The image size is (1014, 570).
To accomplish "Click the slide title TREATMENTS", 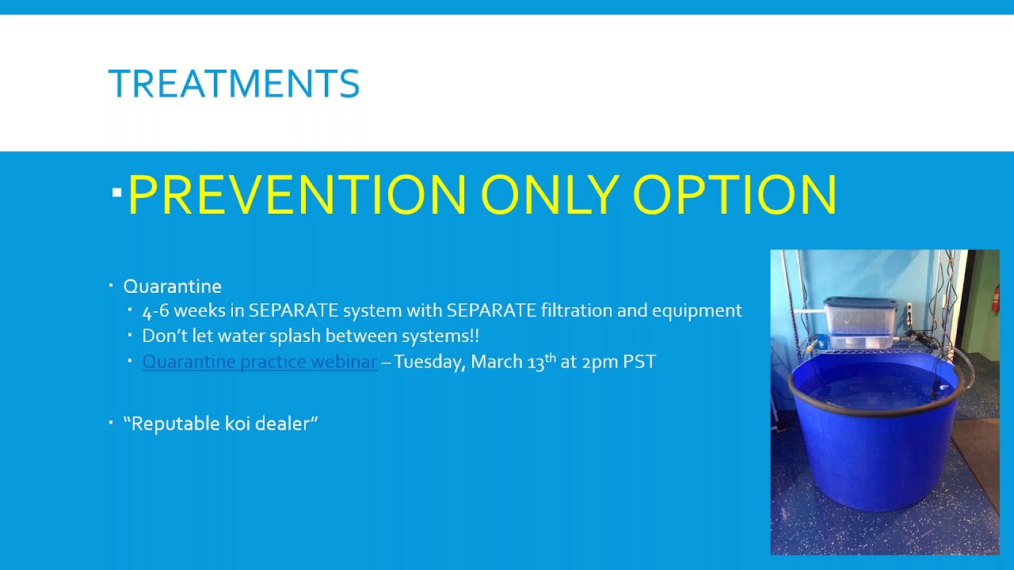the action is pos(234,83).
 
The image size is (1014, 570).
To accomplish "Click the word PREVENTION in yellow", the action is pos(297,194).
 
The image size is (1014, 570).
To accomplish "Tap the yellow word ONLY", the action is pos(550,194).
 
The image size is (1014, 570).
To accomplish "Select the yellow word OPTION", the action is pos(734,194).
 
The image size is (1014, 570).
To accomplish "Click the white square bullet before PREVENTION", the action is pos(116,192).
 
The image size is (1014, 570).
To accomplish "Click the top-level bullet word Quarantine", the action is pos(173,287).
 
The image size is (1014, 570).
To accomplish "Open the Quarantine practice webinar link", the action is pos(259,362).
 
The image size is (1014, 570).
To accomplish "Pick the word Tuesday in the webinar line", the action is pos(429,362).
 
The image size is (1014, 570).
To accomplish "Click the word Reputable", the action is pos(176,424).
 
